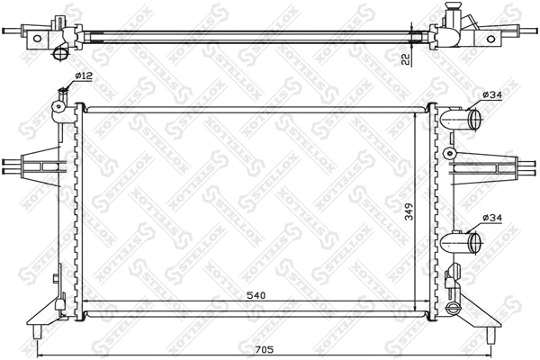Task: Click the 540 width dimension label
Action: (255, 293)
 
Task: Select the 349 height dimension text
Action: (409, 213)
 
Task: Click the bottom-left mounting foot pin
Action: (36, 336)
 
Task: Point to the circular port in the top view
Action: (61, 55)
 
